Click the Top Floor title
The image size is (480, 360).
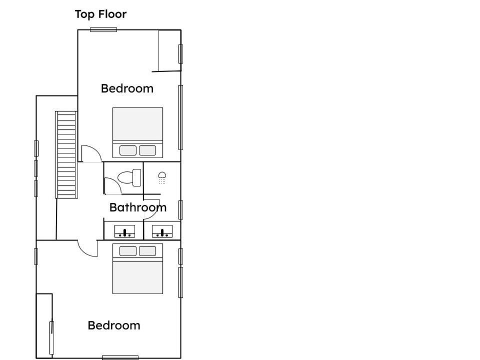(100, 14)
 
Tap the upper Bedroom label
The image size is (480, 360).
(127, 88)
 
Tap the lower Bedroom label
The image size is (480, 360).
(114, 325)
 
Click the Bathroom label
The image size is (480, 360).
(138, 207)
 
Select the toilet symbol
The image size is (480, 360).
(129, 177)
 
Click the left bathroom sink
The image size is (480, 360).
(124, 231)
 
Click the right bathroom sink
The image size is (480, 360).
(162, 231)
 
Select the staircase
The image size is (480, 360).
(66, 154)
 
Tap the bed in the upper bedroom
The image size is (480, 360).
(138, 132)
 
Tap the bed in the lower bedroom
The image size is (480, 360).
(138, 268)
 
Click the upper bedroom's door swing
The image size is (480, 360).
(91, 153)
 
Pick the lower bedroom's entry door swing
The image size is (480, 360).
(87, 248)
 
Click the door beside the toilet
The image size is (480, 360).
(113, 186)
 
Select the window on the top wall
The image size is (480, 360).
(103, 29)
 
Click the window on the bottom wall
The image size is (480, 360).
(120, 357)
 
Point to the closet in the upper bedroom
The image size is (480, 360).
(170, 51)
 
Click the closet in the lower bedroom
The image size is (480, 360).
(44, 325)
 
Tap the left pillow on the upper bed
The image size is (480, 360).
(128, 150)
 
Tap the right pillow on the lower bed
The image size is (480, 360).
(147, 251)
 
